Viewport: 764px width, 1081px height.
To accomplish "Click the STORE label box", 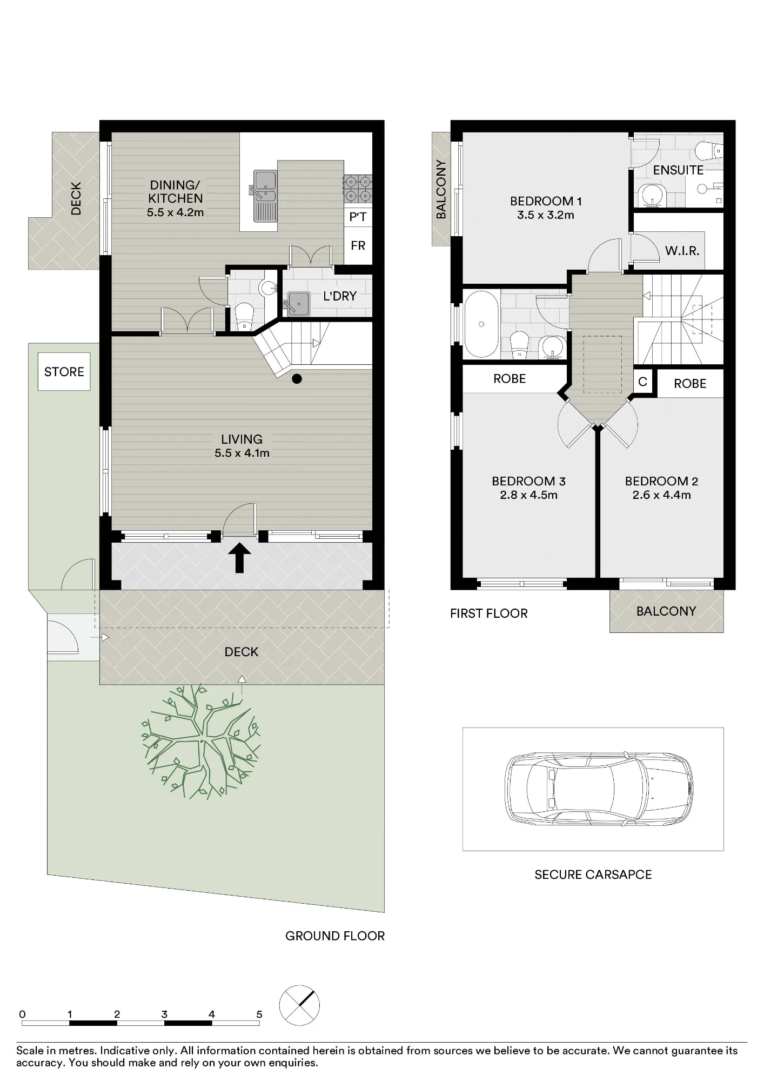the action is pyautogui.click(x=64, y=372).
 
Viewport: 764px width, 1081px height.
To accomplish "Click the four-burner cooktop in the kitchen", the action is pyautogui.click(x=358, y=189).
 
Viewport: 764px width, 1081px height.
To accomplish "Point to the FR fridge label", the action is pyautogui.click(x=358, y=246).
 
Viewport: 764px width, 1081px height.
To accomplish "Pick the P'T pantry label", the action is pyautogui.click(x=358, y=217).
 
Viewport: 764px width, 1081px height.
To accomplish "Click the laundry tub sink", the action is pyautogui.click(x=298, y=303).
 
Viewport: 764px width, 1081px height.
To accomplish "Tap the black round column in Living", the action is pyautogui.click(x=297, y=379).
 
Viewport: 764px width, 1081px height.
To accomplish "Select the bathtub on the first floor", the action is pyautogui.click(x=481, y=324).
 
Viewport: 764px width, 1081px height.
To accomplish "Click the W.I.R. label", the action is pyautogui.click(x=682, y=251).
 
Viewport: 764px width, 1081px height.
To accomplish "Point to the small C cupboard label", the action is pyautogui.click(x=642, y=382).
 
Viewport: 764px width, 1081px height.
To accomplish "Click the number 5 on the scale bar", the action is pyautogui.click(x=259, y=1015).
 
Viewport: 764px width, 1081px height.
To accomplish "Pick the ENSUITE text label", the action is pyautogui.click(x=678, y=170).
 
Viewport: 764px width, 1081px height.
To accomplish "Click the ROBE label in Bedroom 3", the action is pyautogui.click(x=510, y=379).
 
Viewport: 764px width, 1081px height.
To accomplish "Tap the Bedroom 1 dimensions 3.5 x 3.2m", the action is pyautogui.click(x=546, y=215).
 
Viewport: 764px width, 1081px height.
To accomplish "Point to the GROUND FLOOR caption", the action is pyautogui.click(x=335, y=936).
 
